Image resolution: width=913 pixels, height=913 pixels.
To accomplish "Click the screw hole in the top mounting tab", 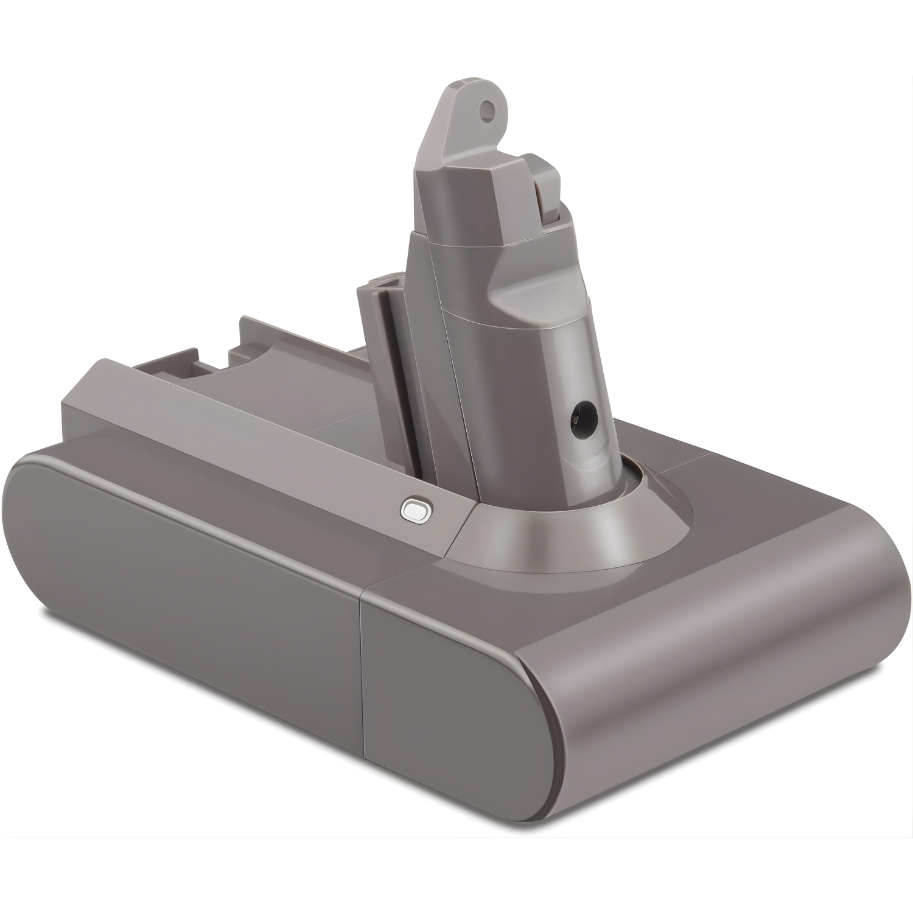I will point(485,110).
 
